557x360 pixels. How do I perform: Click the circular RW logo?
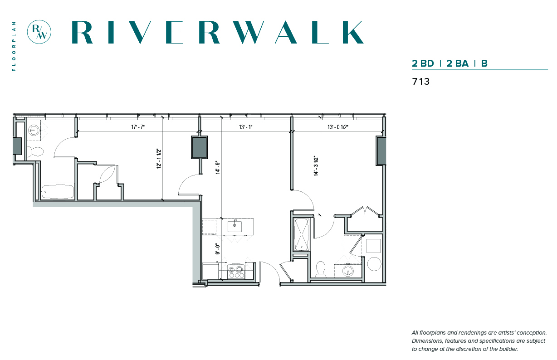click(39, 32)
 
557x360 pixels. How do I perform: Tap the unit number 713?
click(421, 82)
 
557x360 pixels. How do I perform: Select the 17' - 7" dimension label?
click(138, 127)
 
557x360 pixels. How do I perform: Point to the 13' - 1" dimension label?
click(246, 127)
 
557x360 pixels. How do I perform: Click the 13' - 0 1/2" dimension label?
click(337, 127)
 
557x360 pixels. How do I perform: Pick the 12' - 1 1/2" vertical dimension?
click(159, 159)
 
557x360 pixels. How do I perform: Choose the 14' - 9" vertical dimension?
click(218, 167)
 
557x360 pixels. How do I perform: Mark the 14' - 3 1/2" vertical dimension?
click(316, 166)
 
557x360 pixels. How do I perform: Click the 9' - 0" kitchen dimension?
click(218, 248)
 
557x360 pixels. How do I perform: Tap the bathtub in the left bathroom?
click(58, 191)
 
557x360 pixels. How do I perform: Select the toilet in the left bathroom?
click(35, 151)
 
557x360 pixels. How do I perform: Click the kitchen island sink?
click(235, 226)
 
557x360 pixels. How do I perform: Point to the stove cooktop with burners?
click(236, 272)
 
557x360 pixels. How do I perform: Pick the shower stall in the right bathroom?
click(301, 234)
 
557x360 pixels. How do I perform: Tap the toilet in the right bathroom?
click(321, 269)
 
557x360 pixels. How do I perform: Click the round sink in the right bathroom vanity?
click(347, 271)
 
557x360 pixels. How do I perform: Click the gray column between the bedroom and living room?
click(199, 147)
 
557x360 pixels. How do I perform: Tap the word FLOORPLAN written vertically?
click(14, 46)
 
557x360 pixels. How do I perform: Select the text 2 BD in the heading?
click(423, 63)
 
